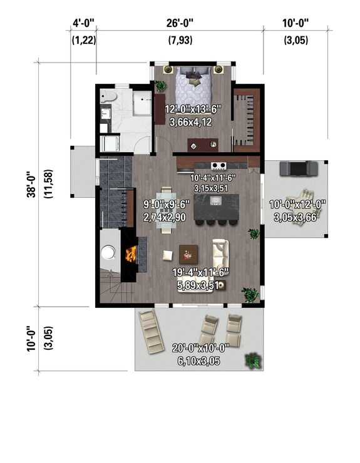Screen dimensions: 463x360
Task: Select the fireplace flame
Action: (131, 254)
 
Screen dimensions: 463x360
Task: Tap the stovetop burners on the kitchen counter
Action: (219, 166)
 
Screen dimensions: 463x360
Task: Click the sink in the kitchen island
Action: (217, 201)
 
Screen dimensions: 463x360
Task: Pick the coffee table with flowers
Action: (188, 253)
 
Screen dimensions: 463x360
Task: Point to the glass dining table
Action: (166, 209)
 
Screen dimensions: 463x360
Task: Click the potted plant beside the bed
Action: (161, 86)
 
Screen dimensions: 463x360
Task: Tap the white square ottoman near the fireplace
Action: (168, 255)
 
